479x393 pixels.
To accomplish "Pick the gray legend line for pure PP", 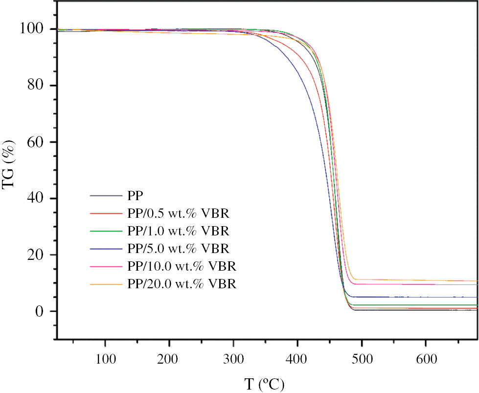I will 106,196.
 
